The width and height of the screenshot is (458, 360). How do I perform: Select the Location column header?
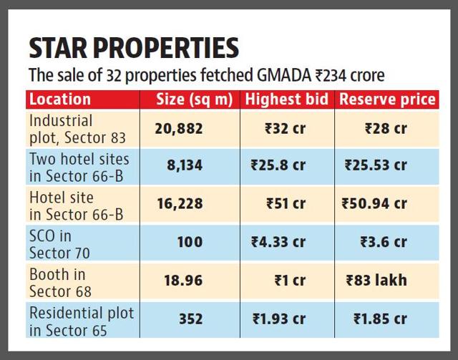point(60,99)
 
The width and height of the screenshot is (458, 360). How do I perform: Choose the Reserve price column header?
point(386,99)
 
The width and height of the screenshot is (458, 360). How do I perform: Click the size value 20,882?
point(180,128)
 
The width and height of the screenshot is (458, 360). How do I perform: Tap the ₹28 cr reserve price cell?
point(386,128)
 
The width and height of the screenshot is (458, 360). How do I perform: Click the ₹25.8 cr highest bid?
point(278,165)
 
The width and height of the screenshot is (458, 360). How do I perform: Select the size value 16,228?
point(180,204)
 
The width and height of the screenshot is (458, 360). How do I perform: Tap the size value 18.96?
point(183,281)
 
